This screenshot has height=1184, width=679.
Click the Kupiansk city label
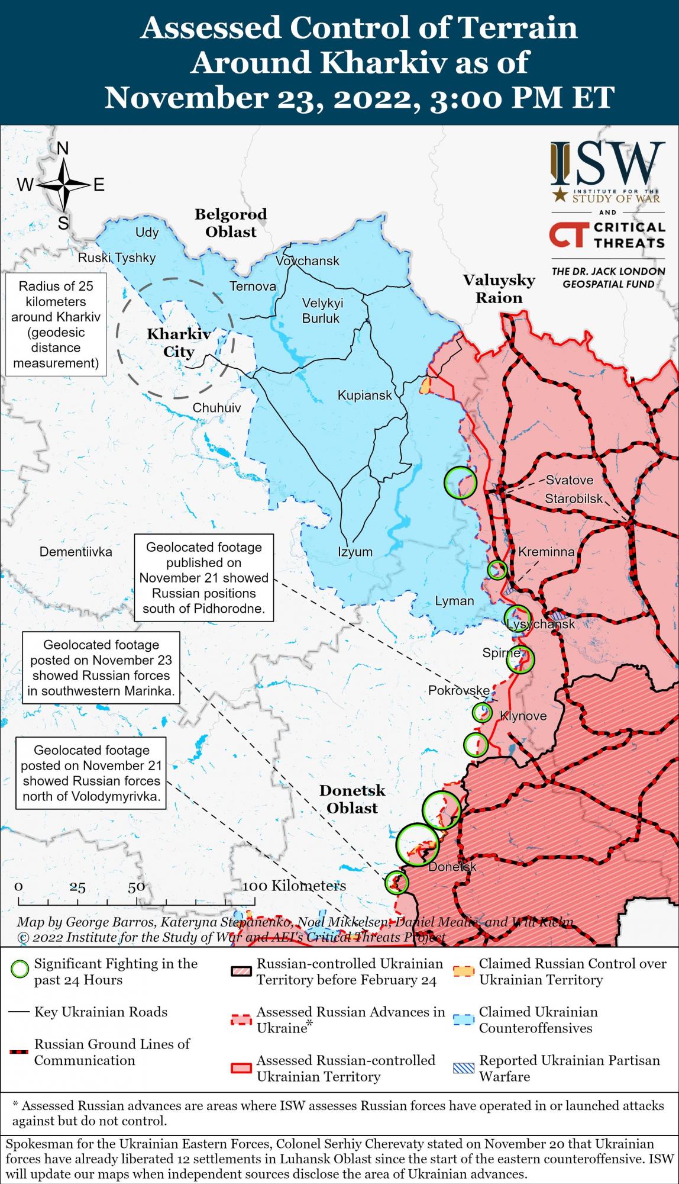[x=364, y=395]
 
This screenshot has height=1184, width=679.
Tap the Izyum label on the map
[x=355, y=552]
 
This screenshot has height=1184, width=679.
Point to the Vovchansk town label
[x=308, y=260]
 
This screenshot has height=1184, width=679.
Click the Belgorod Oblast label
[x=231, y=223]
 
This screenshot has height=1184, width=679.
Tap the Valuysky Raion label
[x=499, y=289]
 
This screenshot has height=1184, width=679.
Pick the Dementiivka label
[x=76, y=552]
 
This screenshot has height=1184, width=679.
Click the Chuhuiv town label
[x=216, y=408]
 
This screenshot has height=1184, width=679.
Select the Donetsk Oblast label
[x=353, y=799]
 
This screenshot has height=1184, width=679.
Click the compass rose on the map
[x=62, y=185]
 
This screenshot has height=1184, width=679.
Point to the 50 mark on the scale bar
[x=137, y=886]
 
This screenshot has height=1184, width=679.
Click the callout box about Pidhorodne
[x=204, y=578]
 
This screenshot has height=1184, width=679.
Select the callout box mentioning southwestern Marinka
[x=101, y=668]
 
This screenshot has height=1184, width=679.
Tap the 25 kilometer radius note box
[x=56, y=324]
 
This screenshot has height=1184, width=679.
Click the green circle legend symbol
[x=20, y=970]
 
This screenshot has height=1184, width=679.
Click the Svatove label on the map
[x=569, y=480]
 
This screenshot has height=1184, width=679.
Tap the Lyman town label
[x=454, y=601]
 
